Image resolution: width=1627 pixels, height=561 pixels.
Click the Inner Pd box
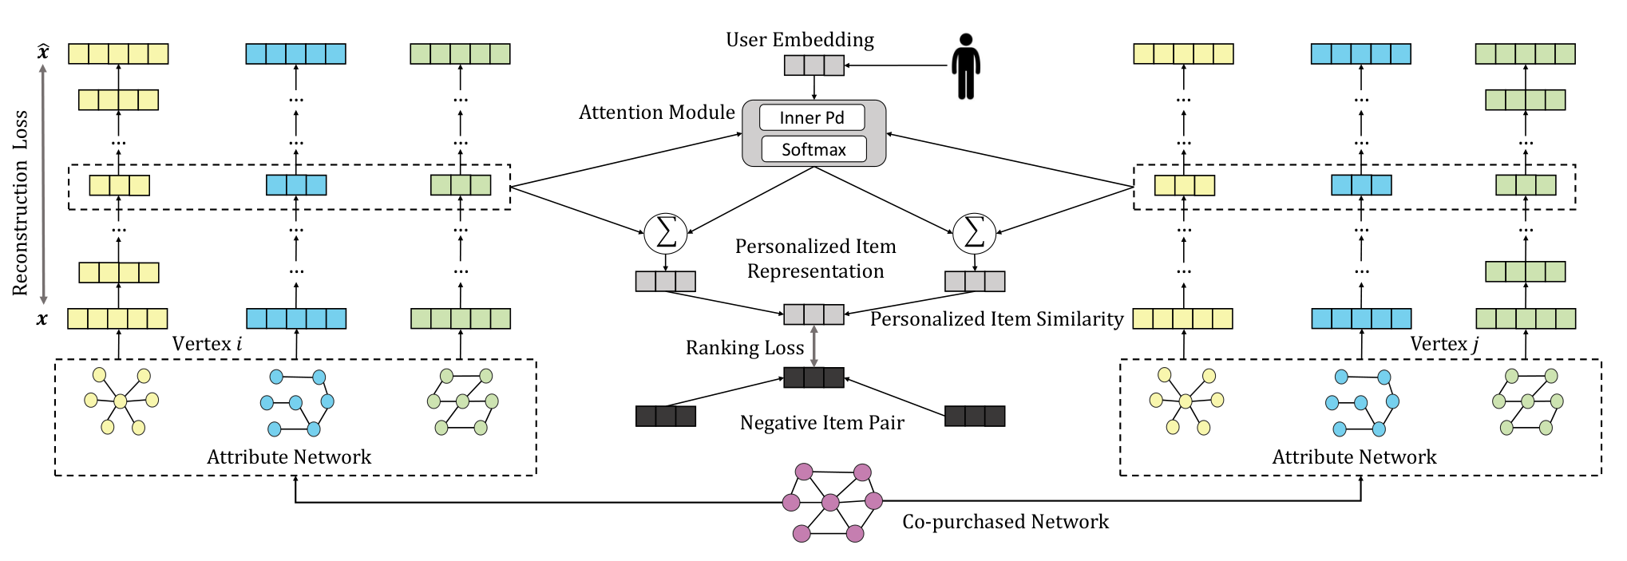point(812,117)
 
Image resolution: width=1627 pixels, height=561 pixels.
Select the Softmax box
point(813,149)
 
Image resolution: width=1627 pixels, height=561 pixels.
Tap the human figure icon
point(966,66)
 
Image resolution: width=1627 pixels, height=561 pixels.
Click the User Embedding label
point(800,40)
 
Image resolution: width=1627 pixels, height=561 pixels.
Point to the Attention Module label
point(657,113)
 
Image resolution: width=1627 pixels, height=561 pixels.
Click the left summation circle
point(666,233)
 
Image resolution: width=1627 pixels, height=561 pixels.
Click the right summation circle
point(975,233)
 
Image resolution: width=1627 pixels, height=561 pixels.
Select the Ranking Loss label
point(745,348)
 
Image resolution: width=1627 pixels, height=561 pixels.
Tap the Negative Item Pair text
point(822,423)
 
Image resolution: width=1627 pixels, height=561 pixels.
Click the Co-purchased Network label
point(1006,522)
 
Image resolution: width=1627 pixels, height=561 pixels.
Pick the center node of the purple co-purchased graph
point(830,502)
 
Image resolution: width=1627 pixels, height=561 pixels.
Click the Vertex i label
point(207,344)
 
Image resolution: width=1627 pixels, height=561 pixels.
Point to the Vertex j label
point(1444,344)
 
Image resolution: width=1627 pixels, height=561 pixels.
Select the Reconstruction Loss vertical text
point(21,203)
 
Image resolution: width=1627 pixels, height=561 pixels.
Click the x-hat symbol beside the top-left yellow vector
point(43,53)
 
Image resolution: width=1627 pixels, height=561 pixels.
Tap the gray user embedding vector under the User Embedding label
point(814,65)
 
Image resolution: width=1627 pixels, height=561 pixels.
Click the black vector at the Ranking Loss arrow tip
point(813,377)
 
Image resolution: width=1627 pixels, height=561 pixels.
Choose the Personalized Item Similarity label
point(997,319)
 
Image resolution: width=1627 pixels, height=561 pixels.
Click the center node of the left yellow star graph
point(121,401)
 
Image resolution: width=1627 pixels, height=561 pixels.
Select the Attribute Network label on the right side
point(1355,457)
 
